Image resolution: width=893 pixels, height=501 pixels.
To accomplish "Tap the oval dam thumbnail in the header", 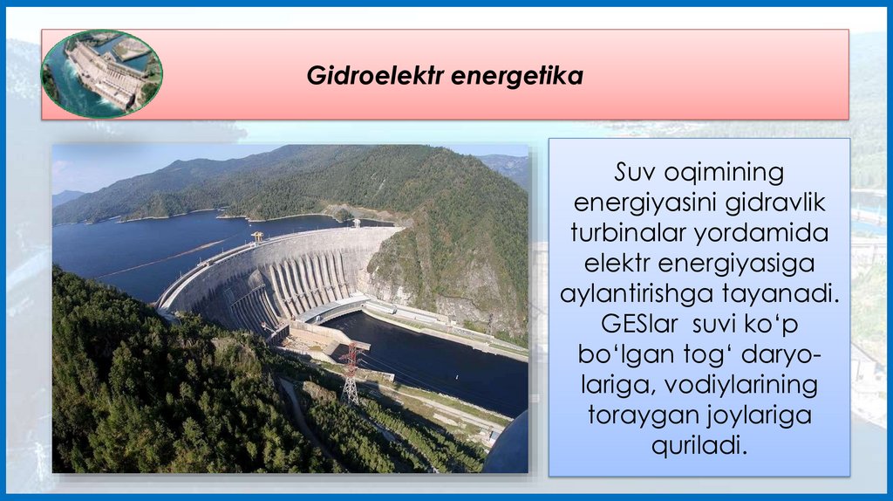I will pos(102,73).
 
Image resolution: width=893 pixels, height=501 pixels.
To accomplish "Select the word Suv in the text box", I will pos(634,171).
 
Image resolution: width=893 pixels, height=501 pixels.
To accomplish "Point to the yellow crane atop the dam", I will pos(257,236).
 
